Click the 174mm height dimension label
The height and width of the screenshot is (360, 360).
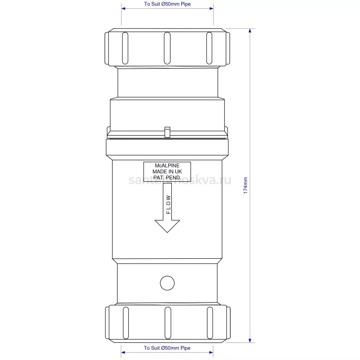(245, 185)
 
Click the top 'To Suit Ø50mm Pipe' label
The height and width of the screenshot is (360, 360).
(167, 4)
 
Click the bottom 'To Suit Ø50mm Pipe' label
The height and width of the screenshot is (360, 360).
(167, 348)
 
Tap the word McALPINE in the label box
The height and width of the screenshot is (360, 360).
(167, 166)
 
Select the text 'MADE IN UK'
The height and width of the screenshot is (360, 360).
(167, 172)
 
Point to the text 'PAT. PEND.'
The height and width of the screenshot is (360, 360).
(167, 178)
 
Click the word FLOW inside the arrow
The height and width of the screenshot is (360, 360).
(168, 204)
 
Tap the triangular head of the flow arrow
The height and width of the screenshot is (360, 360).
(167, 226)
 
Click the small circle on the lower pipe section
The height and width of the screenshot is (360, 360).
(167, 283)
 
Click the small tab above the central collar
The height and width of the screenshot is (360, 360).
(167, 132)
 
